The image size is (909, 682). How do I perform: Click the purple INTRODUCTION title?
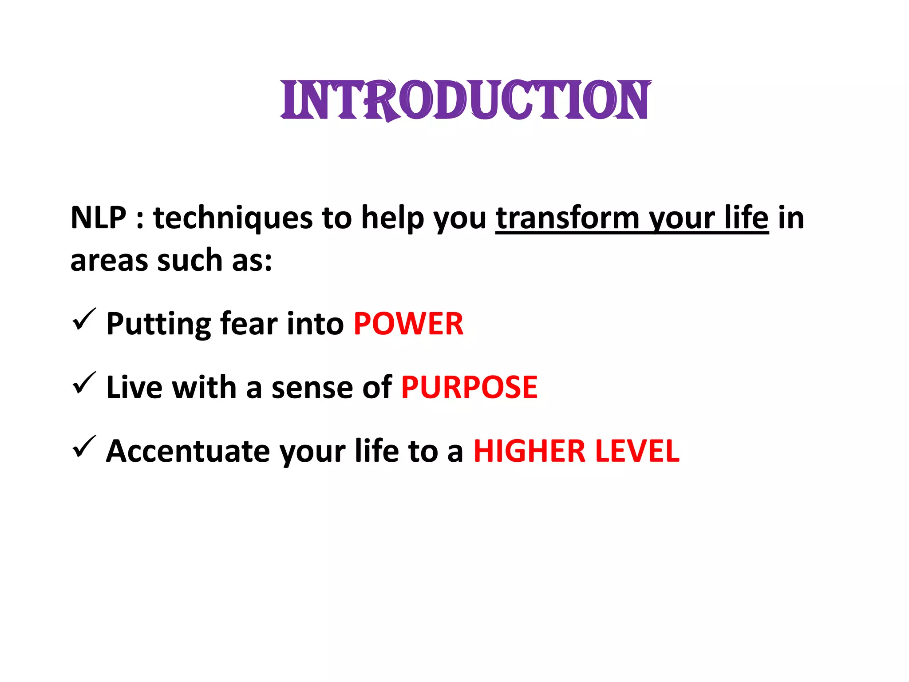(466, 100)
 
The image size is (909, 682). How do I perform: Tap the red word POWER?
(408, 324)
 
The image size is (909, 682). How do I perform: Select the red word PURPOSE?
(469, 388)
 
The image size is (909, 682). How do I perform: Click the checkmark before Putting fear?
(83, 320)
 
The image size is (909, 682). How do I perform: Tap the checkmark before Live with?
(83, 383)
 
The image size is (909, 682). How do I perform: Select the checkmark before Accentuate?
(83, 447)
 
